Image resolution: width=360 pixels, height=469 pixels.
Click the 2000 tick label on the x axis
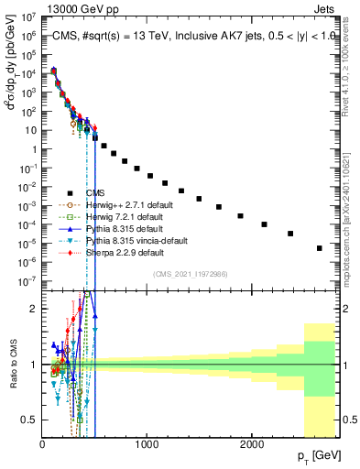252,444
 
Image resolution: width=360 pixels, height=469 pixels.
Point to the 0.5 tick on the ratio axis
29,420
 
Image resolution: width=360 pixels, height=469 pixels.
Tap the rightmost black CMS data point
319,248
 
